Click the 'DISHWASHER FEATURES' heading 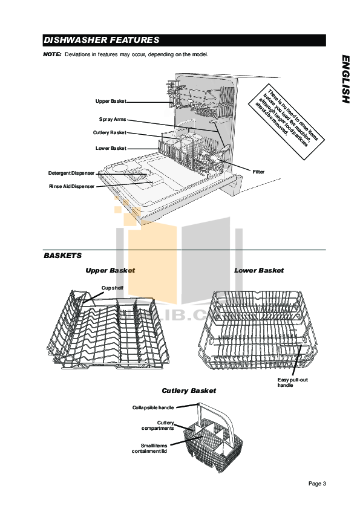click(101, 41)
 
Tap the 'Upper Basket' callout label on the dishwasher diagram click(111, 101)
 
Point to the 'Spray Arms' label click(113, 119)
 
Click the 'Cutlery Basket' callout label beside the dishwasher click(110, 133)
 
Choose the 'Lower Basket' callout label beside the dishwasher click(111, 148)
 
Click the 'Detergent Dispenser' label click(71, 173)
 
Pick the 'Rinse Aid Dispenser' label click(71, 187)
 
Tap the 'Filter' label click(258, 172)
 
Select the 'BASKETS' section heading click(62, 256)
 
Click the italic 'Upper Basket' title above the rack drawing click(110, 270)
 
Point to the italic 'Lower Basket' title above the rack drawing click(258, 270)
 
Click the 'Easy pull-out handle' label click(289, 382)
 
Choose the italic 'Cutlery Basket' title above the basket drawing click(188, 391)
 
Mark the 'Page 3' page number click(317, 484)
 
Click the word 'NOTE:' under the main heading click(52, 54)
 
